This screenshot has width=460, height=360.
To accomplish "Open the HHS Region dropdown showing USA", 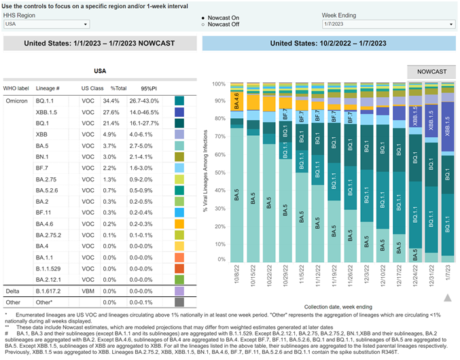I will [46, 24].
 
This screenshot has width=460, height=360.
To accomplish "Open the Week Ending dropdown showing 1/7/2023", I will [388, 24].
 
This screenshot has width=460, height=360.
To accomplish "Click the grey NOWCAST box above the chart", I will [431, 71].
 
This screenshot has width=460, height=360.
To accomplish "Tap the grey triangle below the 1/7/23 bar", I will [447, 297].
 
